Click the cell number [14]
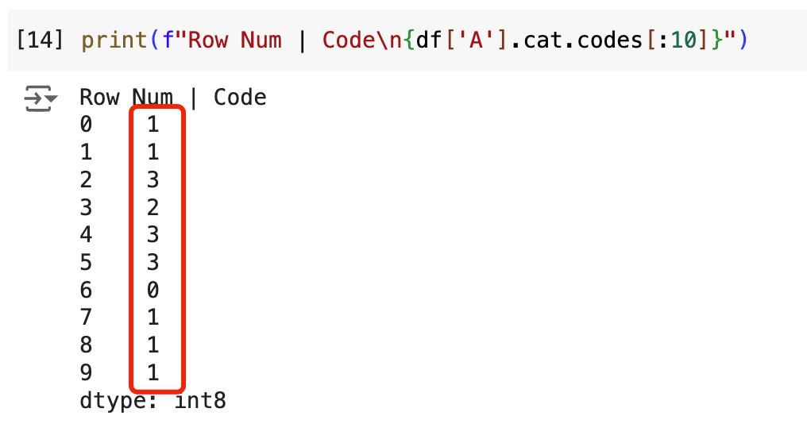coord(40,40)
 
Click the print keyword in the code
coord(114,40)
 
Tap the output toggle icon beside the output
coord(41,99)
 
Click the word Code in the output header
coord(240,98)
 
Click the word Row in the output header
coord(99,98)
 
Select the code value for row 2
coord(153,180)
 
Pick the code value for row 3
coord(153,208)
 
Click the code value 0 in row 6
coord(153,291)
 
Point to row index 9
coord(86,373)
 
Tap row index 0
coord(86,125)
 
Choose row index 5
coord(86,263)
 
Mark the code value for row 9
coord(153,373)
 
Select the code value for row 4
coord(153,235)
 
